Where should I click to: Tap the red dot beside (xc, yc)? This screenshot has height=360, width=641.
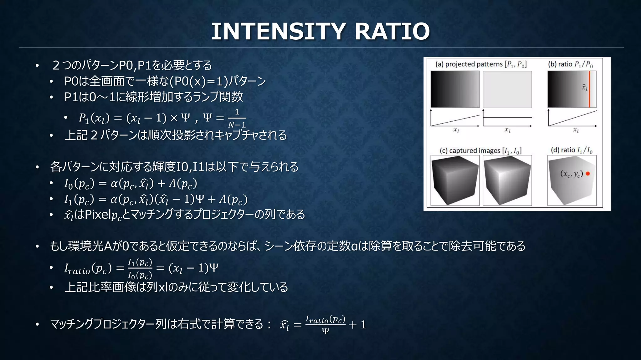[x=588, y=174]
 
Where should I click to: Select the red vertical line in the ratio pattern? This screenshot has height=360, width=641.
[x=589, y=89]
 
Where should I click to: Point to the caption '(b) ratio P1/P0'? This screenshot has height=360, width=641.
[x=570, y=64]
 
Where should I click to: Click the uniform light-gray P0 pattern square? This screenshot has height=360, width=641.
[x=507, y=89]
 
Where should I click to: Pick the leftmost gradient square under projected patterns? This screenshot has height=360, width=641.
[x=455, y=89]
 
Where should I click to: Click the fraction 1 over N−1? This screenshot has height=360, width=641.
[x=237, y=119]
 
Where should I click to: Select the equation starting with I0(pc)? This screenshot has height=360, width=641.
[x=131, y=183]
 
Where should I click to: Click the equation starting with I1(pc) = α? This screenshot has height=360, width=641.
[x=156, y=199]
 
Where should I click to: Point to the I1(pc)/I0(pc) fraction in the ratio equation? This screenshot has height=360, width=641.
[x=140, y=269]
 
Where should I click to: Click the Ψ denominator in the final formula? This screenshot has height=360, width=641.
[x=325, y=331]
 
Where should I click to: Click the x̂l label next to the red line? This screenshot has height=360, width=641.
[x=584, y=87]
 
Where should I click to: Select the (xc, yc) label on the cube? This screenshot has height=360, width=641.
[x=572, y=174]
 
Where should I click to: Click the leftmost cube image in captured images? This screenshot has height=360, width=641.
[x=455, y=180]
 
